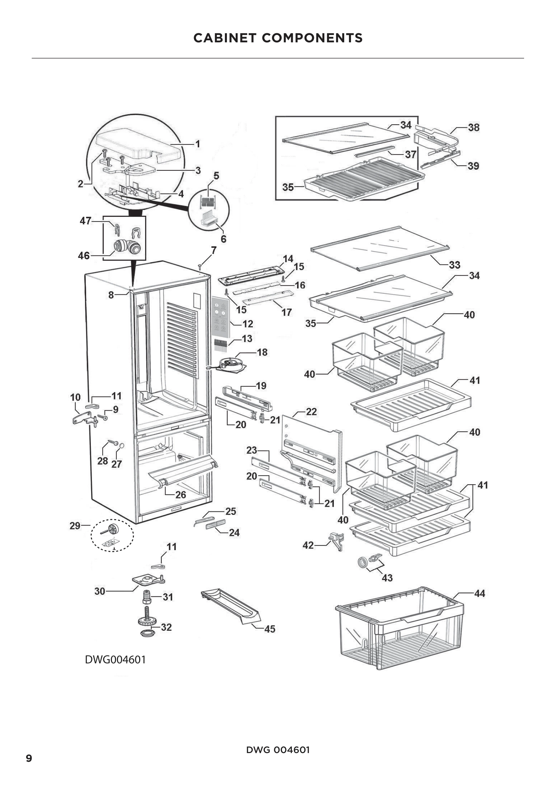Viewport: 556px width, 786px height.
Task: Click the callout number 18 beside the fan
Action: (x=262, y=352)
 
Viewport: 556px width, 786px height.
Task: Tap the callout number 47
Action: (x=85, y=221)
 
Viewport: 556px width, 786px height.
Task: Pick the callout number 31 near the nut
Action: (x=167, y=597)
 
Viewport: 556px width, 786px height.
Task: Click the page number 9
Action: (x=29, y=758)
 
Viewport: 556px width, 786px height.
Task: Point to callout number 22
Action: (x=311, y=412)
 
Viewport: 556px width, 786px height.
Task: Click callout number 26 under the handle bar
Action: (x=181, y=495)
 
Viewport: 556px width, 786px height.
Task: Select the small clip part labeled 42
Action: (x=336, y=541)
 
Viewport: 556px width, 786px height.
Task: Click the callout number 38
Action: (x=474, y=127)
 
